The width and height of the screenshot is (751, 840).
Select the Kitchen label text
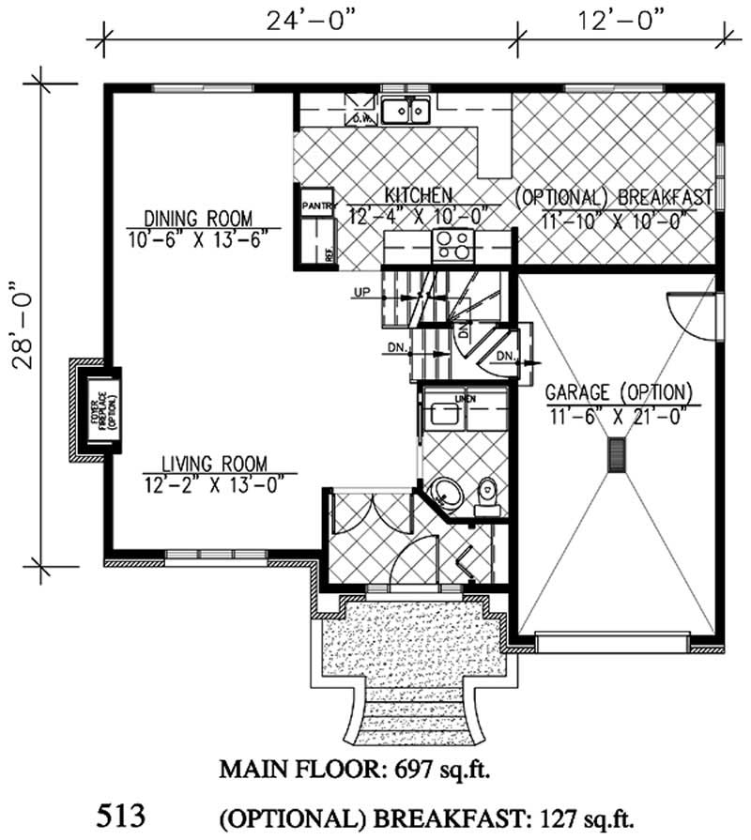[419, 194]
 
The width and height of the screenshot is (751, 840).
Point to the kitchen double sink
[406, 110]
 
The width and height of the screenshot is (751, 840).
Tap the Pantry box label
[314, 204]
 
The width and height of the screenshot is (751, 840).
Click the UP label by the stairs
[361, 293]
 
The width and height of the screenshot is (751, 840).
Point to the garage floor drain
[616, 456]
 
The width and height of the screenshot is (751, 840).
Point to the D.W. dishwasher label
[362, 118]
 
